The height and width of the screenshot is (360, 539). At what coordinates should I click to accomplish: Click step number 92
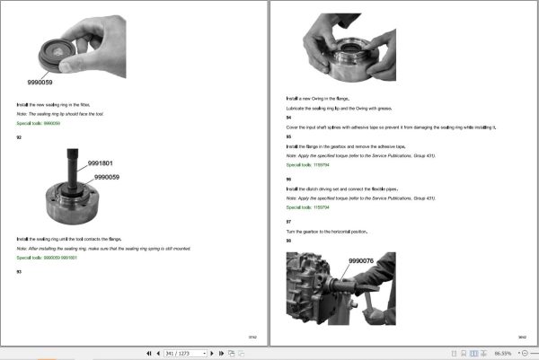click(19, 136)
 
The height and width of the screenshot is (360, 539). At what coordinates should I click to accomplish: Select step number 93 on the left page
click(19, 271)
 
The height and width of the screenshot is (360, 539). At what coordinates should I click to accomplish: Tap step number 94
click(288, 118)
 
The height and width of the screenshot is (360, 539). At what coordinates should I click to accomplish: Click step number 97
click(288, 221)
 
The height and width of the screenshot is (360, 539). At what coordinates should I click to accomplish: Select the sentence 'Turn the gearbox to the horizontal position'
click(327, 232)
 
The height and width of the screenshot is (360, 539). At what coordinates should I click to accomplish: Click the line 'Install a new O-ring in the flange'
click(317, 97)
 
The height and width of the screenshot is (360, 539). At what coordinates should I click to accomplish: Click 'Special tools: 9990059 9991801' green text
click(47, 258)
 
